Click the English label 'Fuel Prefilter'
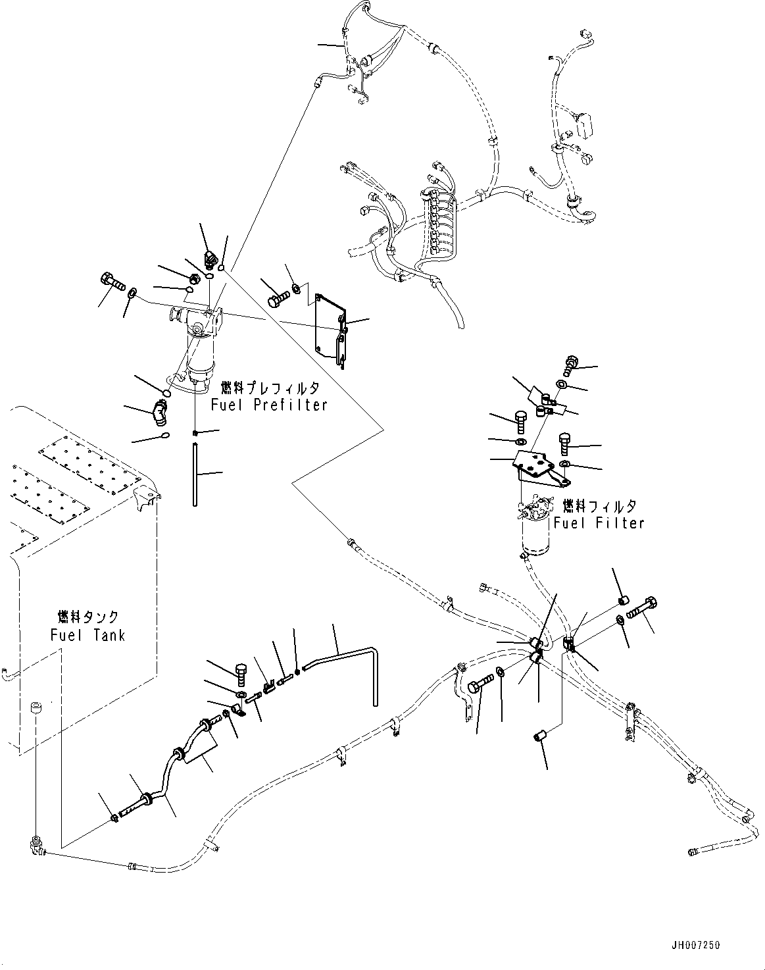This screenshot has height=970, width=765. pyautogui.click(x=269, y=405)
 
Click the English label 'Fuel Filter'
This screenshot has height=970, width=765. pyautogui.click(x=599, y=523)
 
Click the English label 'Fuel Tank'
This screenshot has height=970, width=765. pyautogui.click(x=87, y=634)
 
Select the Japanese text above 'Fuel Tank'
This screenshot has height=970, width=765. pyautogui.click(x=88, y=617)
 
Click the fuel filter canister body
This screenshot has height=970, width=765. pyautogui.click(x=538, y=536)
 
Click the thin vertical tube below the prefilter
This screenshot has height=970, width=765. pyautogui.click(x=196, y=474)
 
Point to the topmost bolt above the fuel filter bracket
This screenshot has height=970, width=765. pyautogui.click(x=571, y=363)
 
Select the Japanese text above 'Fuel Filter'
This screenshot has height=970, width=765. pyautogui.click(x=599, y=506)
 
